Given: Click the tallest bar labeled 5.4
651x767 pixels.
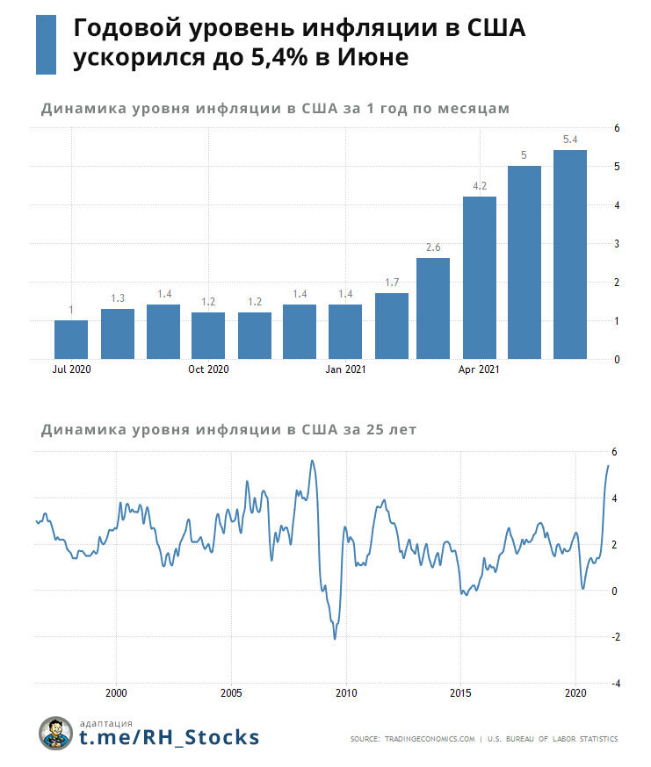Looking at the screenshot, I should (x=569, y=254).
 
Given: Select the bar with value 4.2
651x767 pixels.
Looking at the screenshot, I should (x=479, y=277).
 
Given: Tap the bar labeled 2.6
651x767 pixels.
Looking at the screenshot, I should (x=433, y=308).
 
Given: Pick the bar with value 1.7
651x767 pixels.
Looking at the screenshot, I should (x=391, y=326).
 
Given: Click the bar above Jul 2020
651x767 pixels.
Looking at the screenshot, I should (x=71, y=340).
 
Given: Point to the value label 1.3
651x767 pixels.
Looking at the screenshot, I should (x=117, y=298).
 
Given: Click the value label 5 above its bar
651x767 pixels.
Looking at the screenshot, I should (x=524, y=155).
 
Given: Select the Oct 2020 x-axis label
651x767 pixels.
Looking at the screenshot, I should (x=208, y=369).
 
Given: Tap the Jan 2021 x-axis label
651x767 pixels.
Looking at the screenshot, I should (x=345, y=369).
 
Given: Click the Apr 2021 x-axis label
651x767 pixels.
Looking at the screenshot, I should (x=479, y=369).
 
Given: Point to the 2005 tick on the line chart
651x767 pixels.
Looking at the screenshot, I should (x=231, y=692).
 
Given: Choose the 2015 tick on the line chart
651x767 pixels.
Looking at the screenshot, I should (x=460, y=692).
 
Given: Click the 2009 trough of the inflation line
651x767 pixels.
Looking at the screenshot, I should (x=335, y=637).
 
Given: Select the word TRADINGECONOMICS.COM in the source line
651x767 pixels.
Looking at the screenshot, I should (x=430, y=739).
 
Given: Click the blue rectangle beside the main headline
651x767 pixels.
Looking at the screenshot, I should (x=46, y=44).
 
